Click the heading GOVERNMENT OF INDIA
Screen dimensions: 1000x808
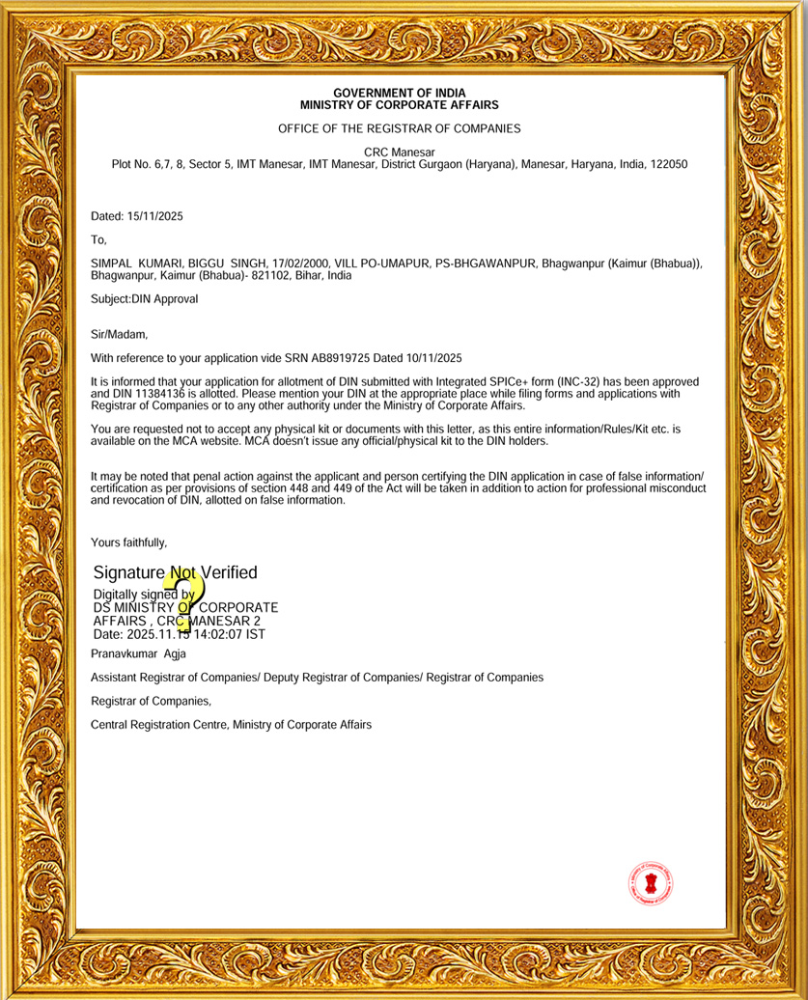(399, 93)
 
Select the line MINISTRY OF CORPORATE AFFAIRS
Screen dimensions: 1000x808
(399, 104)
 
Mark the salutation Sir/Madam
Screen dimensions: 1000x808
(119, 335)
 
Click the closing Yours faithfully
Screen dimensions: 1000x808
(128, 542)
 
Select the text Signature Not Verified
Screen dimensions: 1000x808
(175, 573)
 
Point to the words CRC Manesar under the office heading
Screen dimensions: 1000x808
(399, 153)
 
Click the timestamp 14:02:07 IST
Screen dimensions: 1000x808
(230, 634)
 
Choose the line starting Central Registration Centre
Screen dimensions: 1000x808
(231, 724)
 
